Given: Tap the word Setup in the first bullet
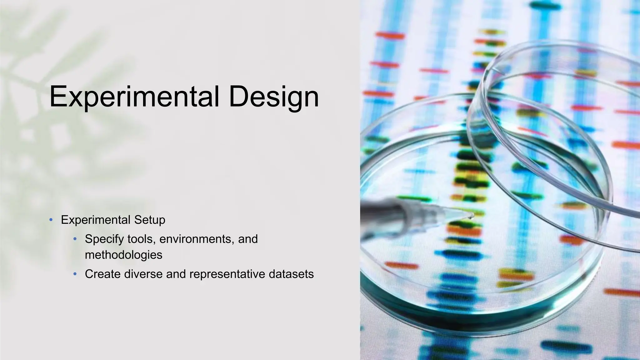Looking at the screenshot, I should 150,220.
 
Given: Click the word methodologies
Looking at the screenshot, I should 123,255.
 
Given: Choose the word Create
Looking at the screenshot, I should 102,274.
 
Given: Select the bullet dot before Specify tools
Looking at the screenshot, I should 75,239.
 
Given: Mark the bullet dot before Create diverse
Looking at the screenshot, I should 75,274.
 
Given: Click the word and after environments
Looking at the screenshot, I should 248,239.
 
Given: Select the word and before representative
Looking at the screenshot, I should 176,274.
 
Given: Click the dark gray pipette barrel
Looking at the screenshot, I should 378,207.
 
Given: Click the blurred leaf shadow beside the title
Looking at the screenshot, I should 28,78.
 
